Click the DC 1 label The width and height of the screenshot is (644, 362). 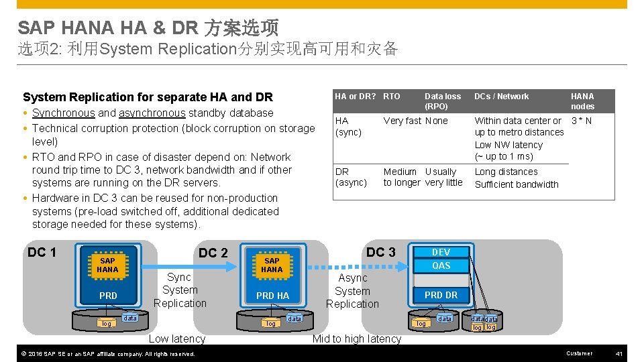click(42, 252)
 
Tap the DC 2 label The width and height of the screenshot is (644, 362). click(213, 253)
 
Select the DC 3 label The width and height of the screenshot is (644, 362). click(381, 252)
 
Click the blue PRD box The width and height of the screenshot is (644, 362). click(107, 296)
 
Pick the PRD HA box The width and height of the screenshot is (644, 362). click(272, 296)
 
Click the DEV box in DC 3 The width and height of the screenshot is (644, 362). click(441, 252)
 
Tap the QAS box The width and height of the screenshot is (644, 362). click(441, 265)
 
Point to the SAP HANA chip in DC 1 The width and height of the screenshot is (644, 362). click(107, 265)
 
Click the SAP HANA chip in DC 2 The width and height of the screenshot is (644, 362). click(272, 265)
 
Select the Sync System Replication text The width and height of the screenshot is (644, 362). click(180, 290)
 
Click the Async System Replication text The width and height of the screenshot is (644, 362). click(352, 291)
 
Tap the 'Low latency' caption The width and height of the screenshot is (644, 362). click(176, 339)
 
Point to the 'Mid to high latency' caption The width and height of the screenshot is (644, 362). click(356, 339)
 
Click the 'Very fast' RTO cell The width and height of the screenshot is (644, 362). click(402, 121)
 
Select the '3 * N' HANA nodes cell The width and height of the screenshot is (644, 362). click(581, 121)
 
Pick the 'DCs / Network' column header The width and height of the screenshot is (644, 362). click(501, 97)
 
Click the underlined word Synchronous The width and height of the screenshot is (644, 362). click(64, 113)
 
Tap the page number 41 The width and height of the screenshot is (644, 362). click(619, 353)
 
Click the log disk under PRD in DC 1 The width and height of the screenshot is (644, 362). click(107, 324)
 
